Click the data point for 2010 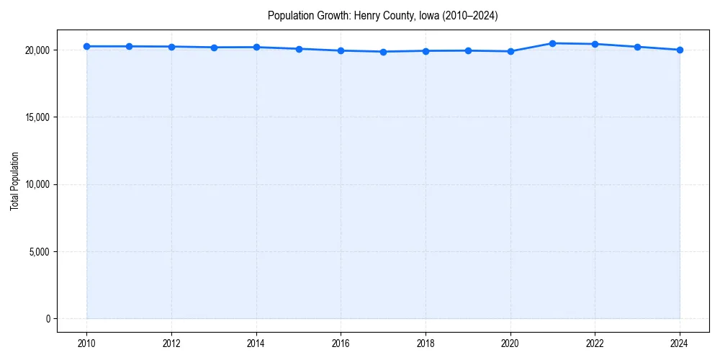[x=86, y=46]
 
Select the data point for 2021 [x=552, y=43]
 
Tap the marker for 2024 [x=680, y=50]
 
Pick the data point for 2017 [x=383, y=52]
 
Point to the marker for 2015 [x=299, y=49]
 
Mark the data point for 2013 [x=214, y=48]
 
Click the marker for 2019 [x=468, y=50]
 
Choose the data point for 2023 [x=637, y=47]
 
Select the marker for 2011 [x=129, y=46]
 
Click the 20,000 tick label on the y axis [x=35, y=50]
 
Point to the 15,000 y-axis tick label [x=35, y=117]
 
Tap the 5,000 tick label [x=37, y=252]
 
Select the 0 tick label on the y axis [x=47, y=319]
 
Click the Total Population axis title [x=14, y=181]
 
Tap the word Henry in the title [x=366, y=15]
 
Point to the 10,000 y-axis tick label [x=35, y=185]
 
